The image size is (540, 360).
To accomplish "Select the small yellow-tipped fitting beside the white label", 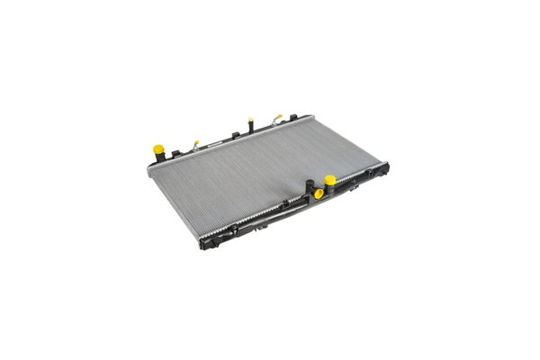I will click(x=195, y=142).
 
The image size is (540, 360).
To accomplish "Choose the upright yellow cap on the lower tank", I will click(x=330, y=180).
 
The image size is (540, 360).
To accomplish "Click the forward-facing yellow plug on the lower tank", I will click(x=318, y=192).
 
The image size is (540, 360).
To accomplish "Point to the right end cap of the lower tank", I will click(x=385, y=168).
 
